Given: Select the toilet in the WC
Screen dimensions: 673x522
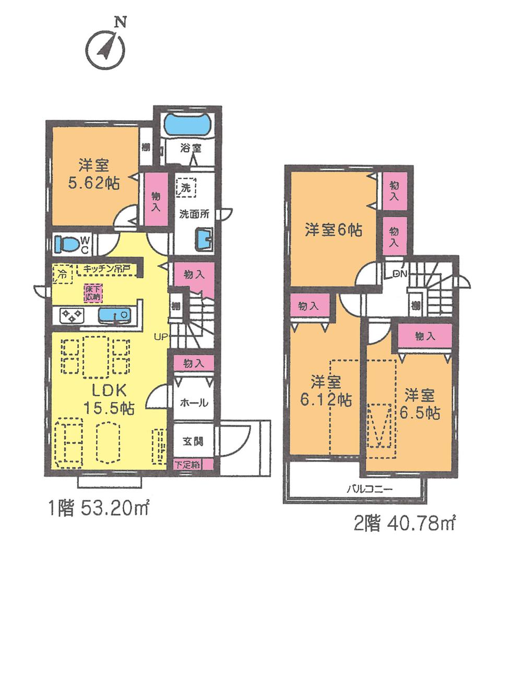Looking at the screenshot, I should coord(66,244).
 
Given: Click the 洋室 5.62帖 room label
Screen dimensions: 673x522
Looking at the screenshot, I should coord(94,174).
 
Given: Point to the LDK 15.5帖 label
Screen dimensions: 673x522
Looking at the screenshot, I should coord(109,399).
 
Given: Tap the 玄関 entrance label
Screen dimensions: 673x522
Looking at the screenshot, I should coord(193,441).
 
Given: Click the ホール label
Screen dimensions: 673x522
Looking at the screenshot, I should coord(194,403).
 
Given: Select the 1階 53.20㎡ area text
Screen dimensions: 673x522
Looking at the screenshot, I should coord(99,509).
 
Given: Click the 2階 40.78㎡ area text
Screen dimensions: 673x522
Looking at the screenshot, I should coord(405,523).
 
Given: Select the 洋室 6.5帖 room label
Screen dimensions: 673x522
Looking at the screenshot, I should coord(420,404).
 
